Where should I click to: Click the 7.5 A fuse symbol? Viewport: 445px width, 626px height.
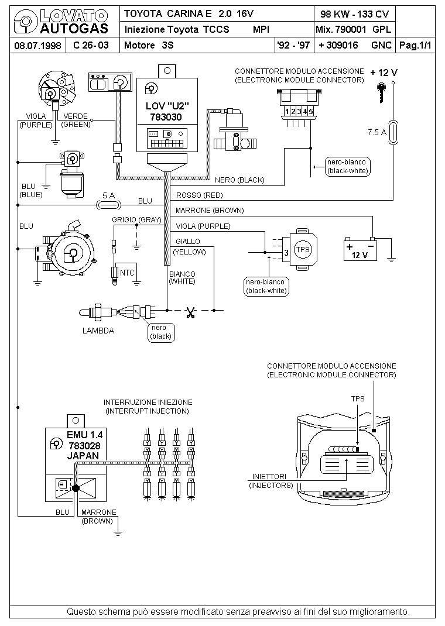pyautogui.click(x=394, y=132)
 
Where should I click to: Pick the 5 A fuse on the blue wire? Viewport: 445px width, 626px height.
pyautogui.click(x=108, y=205)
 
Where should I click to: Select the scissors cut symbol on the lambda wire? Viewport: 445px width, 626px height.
pyautogui.click(x=190, y=313)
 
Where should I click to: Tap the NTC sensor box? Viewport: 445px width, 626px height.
pyautogui.click(x=127, y=273)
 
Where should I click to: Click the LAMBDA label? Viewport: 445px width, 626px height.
pyautogui.click(x=98, y=331)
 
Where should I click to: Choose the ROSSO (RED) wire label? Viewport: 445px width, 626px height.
pyautogui.click(x=199, y=195)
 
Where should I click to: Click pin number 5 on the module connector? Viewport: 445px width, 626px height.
pyautogui.click(x=310, y=111)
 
